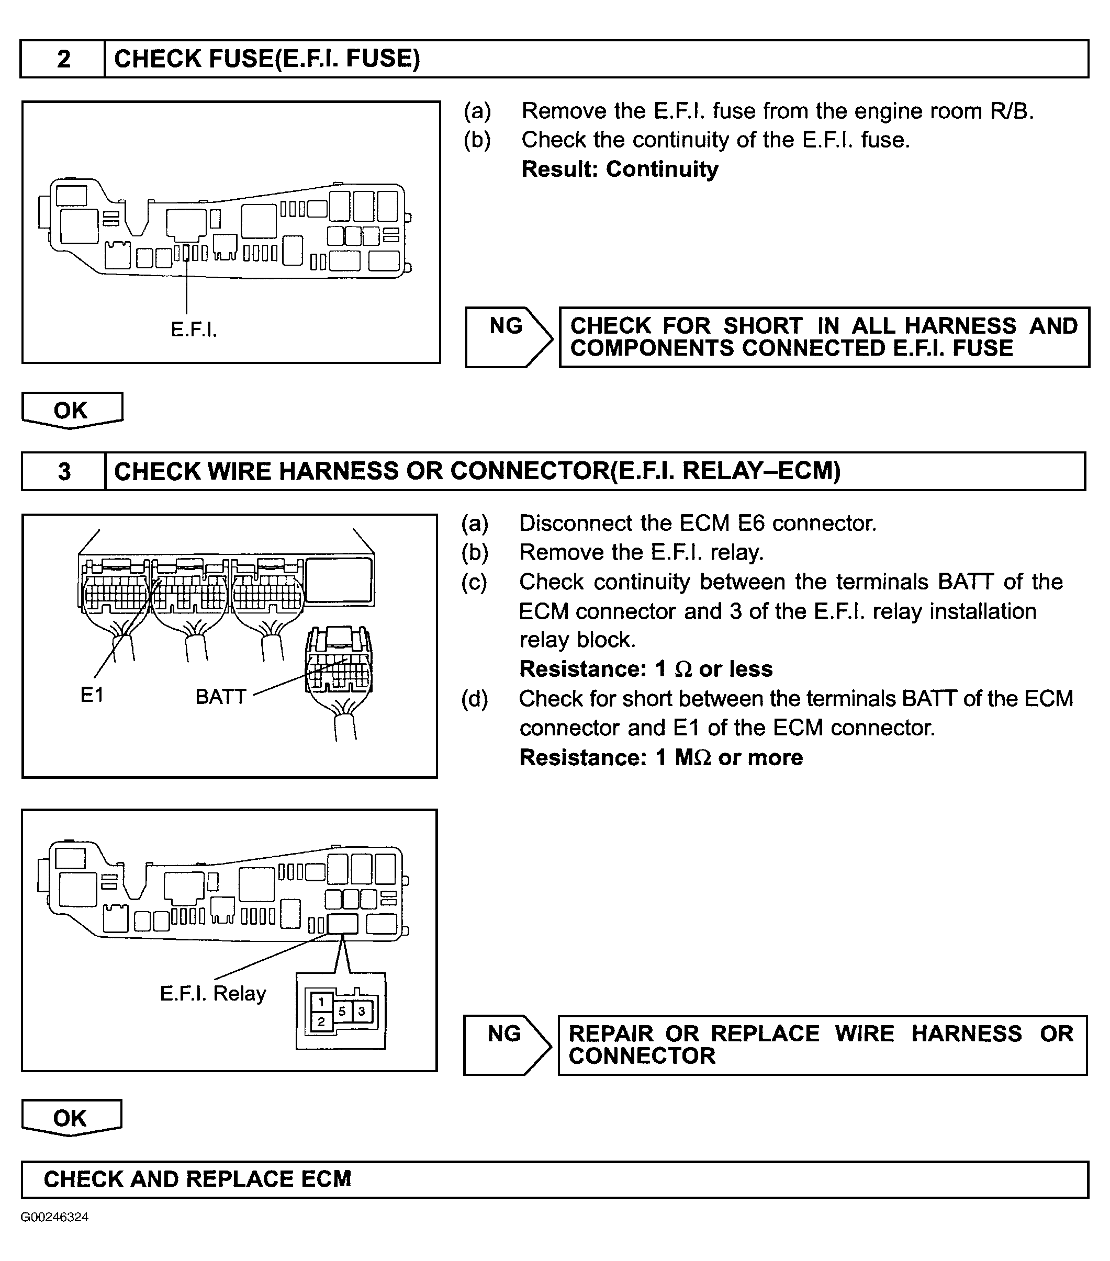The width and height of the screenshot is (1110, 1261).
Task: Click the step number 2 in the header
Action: click(x=64, y=59)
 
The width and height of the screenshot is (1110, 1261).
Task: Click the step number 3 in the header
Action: click(x=64, y=471)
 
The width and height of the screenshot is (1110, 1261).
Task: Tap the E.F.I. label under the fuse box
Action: click(x=194, y=330)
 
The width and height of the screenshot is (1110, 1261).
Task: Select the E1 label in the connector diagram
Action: click(x=92, y=695)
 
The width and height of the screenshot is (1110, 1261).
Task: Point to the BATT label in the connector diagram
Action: click(x=220, y=697)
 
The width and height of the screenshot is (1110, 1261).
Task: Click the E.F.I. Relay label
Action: click(x=213, y=993)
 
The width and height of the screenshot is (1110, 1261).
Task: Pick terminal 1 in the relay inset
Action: click(x=321, y=1002)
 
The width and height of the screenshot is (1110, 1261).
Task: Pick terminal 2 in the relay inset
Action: click(x=321, y=1021)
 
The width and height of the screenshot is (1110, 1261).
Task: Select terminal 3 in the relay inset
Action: click(x=362, y=1011)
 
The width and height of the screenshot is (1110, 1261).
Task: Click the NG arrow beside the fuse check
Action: click(x=508, y=337)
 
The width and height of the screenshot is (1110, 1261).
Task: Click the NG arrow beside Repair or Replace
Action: click(x=506, y=1045)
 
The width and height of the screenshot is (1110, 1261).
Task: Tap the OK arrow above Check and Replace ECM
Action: click(x=70, y=1119)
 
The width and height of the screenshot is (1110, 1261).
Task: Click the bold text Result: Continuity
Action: click(x=620, y=169)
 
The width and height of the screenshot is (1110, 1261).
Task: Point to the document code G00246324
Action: click(x=54, y=1217)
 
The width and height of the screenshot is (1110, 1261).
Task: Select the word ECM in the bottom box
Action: click(x=326, y=1179)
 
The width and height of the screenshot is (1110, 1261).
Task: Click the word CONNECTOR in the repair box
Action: click(x=642, y=1056)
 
